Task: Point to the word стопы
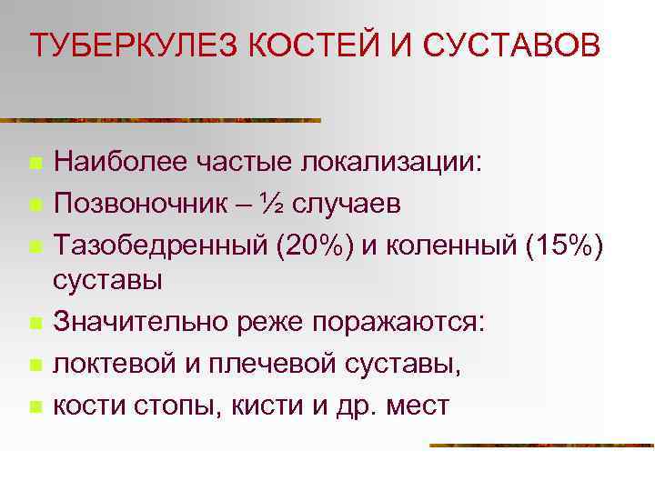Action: (x=170, y=405)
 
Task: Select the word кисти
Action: (x=259, y=405)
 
